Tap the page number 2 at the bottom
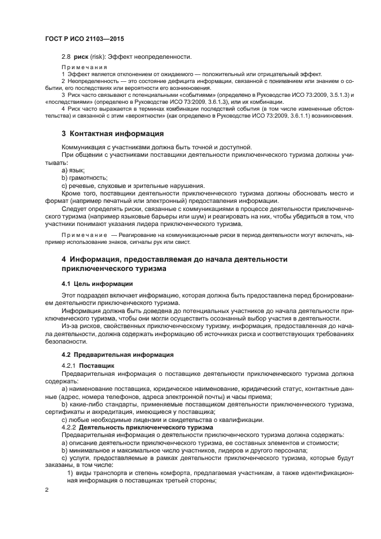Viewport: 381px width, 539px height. click(47, 490)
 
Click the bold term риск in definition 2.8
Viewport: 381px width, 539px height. click(81, 56)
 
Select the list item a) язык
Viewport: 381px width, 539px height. click(73, 171)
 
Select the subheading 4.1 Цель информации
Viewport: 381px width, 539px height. click(97, 284)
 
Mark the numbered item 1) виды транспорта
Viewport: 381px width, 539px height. click(108, 472)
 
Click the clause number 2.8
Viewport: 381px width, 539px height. click(66, 56)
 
